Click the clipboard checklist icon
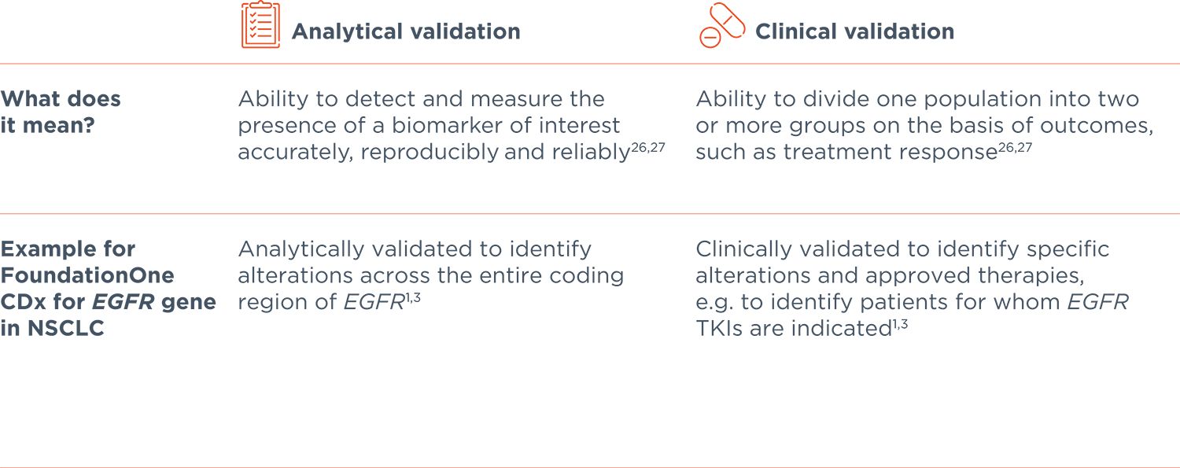(260, 26)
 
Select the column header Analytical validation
(406, 31)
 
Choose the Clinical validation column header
(854, 31)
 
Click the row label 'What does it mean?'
(61, 111)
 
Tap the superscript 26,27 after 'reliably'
(647, 147)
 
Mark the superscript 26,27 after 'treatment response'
(1015, 147)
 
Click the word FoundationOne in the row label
(87, 275)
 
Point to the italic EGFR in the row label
(127, 302)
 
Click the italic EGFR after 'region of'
(374, 302)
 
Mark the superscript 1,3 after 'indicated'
(900, 323)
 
